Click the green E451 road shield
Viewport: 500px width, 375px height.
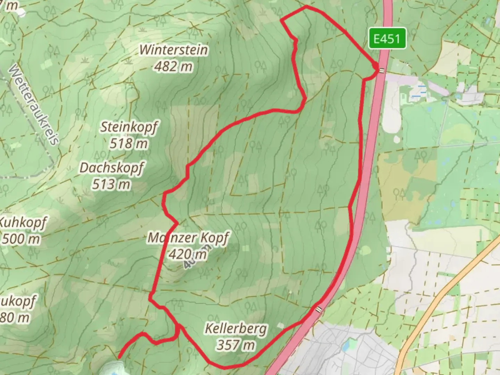pos(387,39)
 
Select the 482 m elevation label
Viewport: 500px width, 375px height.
pos(173,66)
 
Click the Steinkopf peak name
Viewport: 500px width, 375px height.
pos(129,127)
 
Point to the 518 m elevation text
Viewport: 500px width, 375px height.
pos(128,143)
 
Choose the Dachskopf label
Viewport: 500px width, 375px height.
pos(111,168)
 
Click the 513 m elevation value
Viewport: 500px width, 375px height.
pos(111,184)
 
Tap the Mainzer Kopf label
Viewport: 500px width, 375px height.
pos(188,238)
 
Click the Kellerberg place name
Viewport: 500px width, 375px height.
pos(236,328)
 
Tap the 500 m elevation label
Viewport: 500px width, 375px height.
pos(21,239)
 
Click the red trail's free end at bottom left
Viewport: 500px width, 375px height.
pos(120,357)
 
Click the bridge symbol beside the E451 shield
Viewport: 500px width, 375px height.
pos(382,70)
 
